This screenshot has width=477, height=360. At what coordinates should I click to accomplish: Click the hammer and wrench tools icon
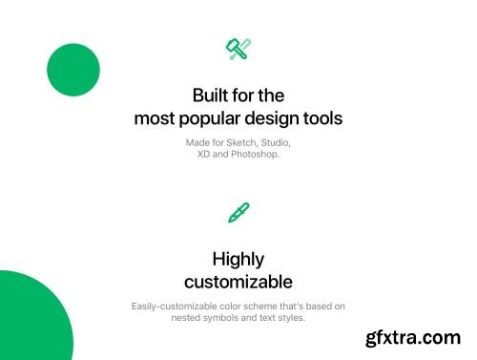click(x=238, y=49)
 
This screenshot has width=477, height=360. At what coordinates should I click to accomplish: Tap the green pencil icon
click(x=238, y=212)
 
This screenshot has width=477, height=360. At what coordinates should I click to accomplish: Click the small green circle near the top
click(x=73, y=70)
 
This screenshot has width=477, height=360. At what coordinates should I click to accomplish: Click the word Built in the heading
click(x=211, y=96)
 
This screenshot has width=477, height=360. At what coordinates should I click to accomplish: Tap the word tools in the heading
click(x=322, y=119)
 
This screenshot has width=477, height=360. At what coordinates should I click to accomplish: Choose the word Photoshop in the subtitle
click(x=255, y=154)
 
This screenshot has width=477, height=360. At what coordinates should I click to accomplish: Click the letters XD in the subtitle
click(x=203, y=154)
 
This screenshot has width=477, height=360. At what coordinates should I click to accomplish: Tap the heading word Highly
click(x=238, y=259)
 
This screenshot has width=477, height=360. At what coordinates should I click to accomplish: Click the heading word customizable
click(x=238, y=282)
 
